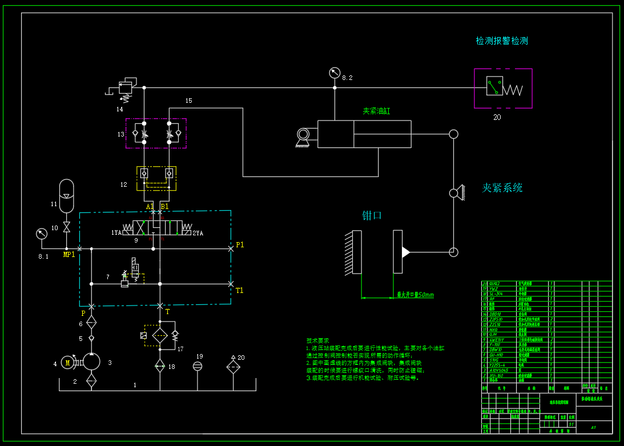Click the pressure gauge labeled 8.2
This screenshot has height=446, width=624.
[335, 73]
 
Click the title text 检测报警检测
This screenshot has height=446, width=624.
[502, 41]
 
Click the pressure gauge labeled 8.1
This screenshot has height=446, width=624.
[41, 234]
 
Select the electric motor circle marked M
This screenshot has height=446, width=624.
[68, 362]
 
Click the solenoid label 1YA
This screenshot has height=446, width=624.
[116, 232]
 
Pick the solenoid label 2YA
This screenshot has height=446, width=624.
[198, 233]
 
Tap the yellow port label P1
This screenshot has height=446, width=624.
[240, 245]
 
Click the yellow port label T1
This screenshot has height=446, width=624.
[240, 290]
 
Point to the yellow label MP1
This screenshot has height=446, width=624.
[69, 255]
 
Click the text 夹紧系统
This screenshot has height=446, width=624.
[502, 188]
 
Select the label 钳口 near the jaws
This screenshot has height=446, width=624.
[372, 216]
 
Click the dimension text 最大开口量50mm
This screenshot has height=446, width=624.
[415, 295]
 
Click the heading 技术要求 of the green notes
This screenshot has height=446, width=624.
[317, 340]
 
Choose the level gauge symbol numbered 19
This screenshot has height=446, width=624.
[198, 366]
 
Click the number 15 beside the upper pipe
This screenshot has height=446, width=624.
[188, 101]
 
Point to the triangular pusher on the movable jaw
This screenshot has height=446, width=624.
[406, 252]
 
